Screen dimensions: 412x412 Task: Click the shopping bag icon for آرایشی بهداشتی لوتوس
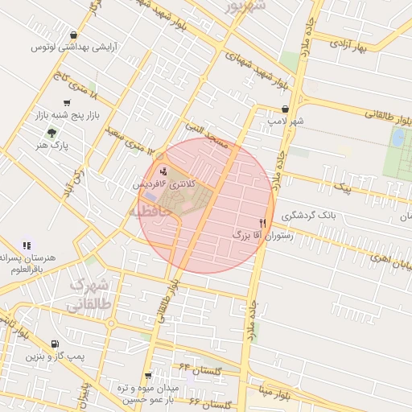[75, 35]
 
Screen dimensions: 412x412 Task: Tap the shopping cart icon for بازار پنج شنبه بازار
[66, 103]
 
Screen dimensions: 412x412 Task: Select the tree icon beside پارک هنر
[52, 132]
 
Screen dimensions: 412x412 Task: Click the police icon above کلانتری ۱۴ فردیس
[164, 171]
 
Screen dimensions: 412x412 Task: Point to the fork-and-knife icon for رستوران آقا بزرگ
[262, 222]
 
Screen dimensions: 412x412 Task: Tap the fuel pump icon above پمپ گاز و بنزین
[54, 344]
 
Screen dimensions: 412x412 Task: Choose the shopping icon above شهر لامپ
[285, 109]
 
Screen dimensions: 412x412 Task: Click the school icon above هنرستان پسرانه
[27, 245]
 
